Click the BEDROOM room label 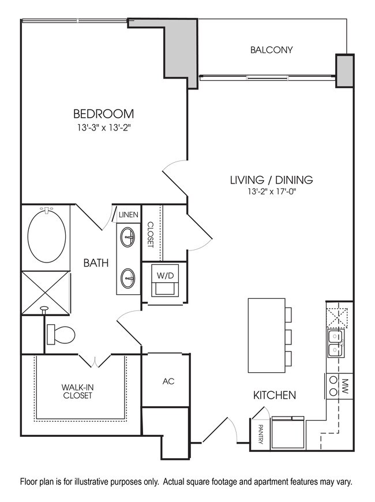103,113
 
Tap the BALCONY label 271,50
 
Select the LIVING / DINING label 271,180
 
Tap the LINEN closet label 128,215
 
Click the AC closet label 168,381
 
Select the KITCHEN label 275,395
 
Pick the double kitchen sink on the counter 335,344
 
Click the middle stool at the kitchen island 288,335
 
